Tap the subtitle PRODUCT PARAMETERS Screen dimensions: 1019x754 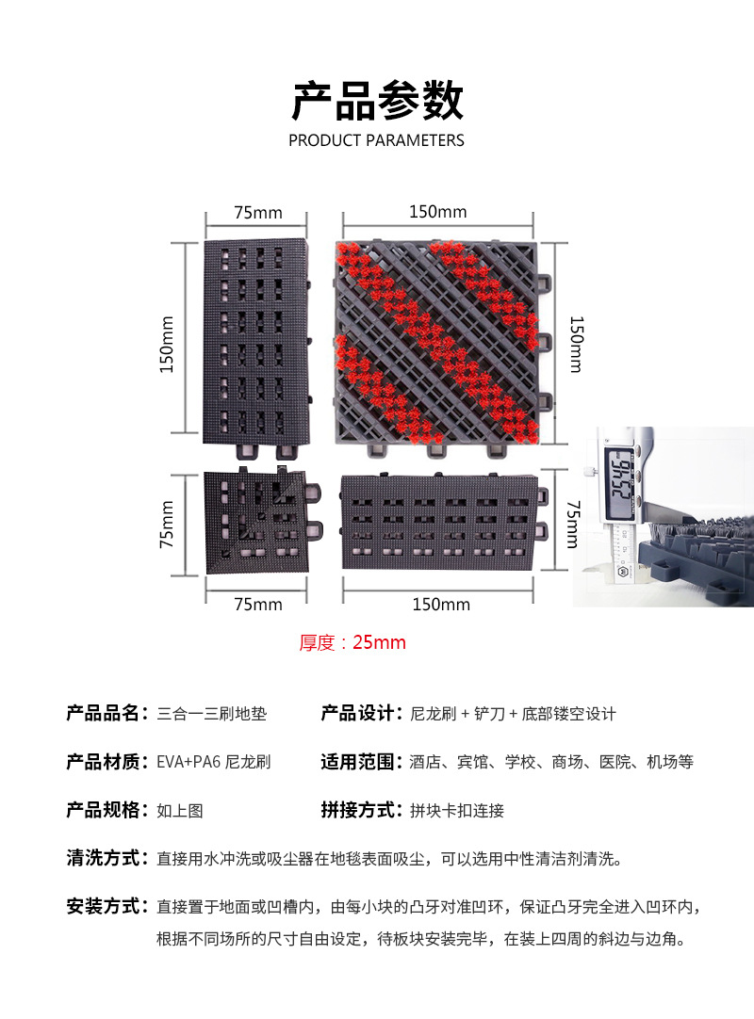pyautogui.click(x=377, y=141)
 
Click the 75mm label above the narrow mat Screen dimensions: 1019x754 pyautogui.click(x=257, y=213)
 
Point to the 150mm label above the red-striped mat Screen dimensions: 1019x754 pyautogui.click(x=438, y=213)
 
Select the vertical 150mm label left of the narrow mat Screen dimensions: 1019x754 pyautogui.click(x=168, y=343)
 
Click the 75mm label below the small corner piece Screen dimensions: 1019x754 pyautogui.click(x=257, y=605)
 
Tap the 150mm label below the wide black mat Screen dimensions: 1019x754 pyautogui.click(x=440, y=605)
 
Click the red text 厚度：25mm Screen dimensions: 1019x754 pyautogui.click(x=352, y=643)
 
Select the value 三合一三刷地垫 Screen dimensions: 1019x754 pyautogui.click(x=212, y=714)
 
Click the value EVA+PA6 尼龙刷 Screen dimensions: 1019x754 pyautogui.click(x=213, y=762)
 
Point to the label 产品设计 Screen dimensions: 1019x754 pyautogui.click(x=357, y=713)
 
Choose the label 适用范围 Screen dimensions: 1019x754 pyautogui.click(x=357, y=761)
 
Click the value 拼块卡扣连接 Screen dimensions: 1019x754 pyautogui.click(x=457, y=810)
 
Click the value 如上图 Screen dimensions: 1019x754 pyautogui.click(x=180, y=810)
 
